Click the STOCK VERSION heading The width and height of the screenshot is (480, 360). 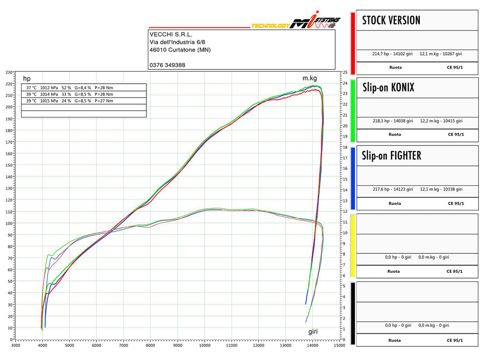coord(391,20)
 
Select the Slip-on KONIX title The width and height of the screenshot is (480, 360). coord(388,88)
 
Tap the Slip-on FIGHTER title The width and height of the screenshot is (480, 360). coord(391,156)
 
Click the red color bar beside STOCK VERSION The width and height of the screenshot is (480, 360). coord(353,43)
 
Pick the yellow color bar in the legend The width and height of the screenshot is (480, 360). coord(353,246)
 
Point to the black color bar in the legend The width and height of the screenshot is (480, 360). coord(353,313)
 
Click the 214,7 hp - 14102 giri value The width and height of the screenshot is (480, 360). coord(392,54)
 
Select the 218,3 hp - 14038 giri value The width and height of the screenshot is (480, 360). coord(393,121)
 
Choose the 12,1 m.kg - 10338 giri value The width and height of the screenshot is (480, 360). coord(441,189)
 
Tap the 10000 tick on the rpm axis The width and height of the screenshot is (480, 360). coord(205,345)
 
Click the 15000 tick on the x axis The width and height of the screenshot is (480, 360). coord(339,345)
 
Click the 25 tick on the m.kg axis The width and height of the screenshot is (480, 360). coord(345,72)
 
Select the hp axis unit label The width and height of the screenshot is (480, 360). coord(27,78)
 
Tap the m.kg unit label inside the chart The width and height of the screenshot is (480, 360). coord(310,78)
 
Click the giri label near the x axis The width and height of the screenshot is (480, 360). coord(313,331)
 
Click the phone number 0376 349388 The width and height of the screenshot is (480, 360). coord(167,65)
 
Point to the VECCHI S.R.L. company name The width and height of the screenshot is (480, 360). coord(171,34)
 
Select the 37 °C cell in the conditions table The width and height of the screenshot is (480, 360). coord(31,88)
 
